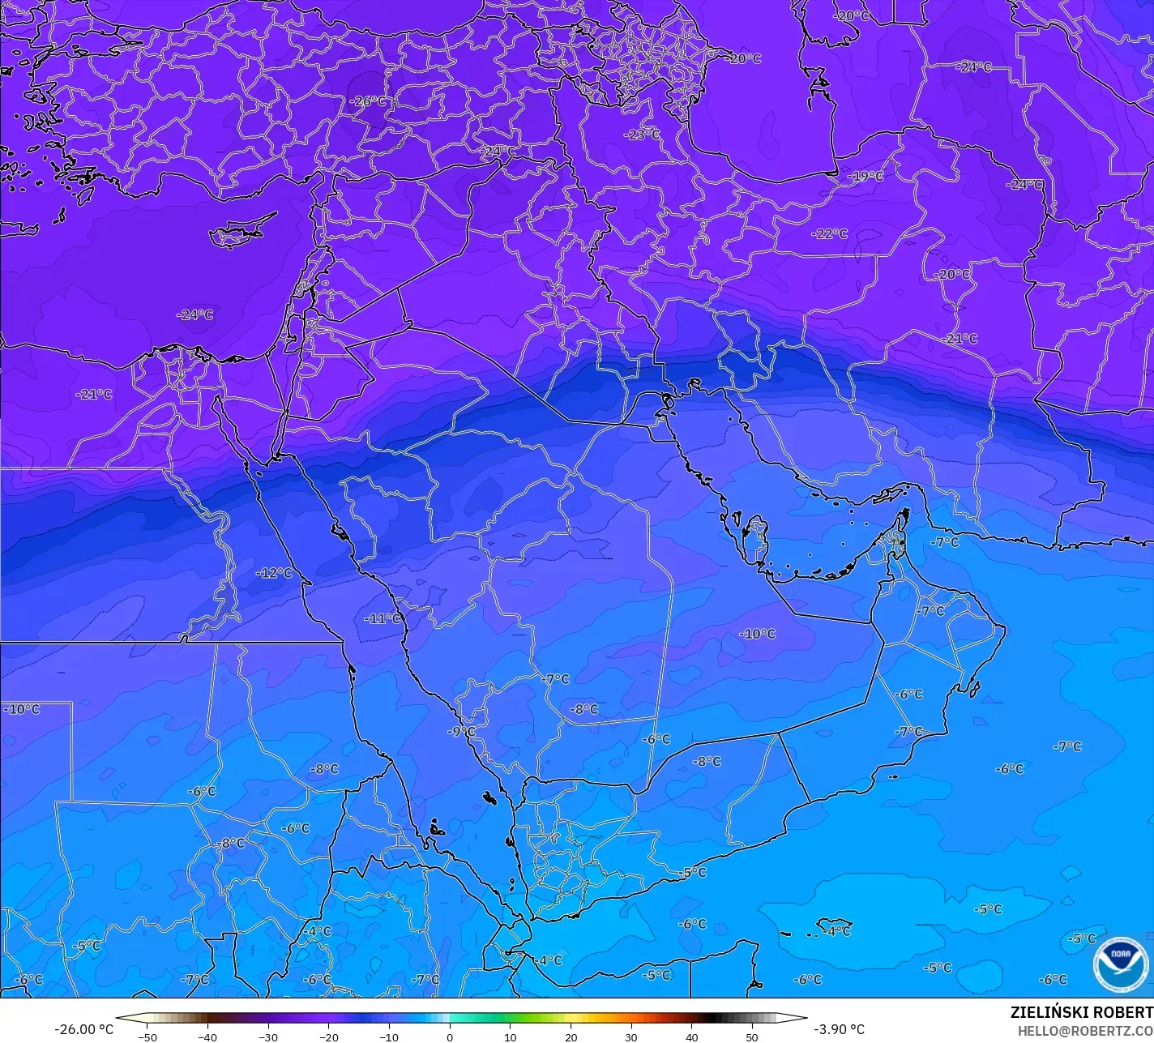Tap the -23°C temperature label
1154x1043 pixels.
[x=642, y=135]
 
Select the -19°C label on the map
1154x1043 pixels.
[x=865, y=176]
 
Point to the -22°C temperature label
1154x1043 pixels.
[x=830, y=233]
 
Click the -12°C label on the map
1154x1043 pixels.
[x=275, y=573]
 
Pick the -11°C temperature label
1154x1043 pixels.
[x=383, y=618]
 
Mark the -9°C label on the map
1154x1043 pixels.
[x=462, y=731]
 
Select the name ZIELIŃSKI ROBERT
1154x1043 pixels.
[x=1081, y=1012]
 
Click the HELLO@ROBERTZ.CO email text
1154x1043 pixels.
[x=1085, y=1030]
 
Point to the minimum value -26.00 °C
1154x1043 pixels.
[x=83, y=1029]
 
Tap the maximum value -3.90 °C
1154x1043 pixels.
[x=839, y=1029]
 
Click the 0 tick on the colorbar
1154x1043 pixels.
[x=450, y=1037]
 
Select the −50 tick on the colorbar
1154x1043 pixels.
[x=147, y=1037]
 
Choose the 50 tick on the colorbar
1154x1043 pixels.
[x=752, y=1037]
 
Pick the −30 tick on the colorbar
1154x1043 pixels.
[x=268, y=1037]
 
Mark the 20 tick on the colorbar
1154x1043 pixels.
[x=571, y=1037]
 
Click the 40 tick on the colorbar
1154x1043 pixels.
[x=691, y=1037]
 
